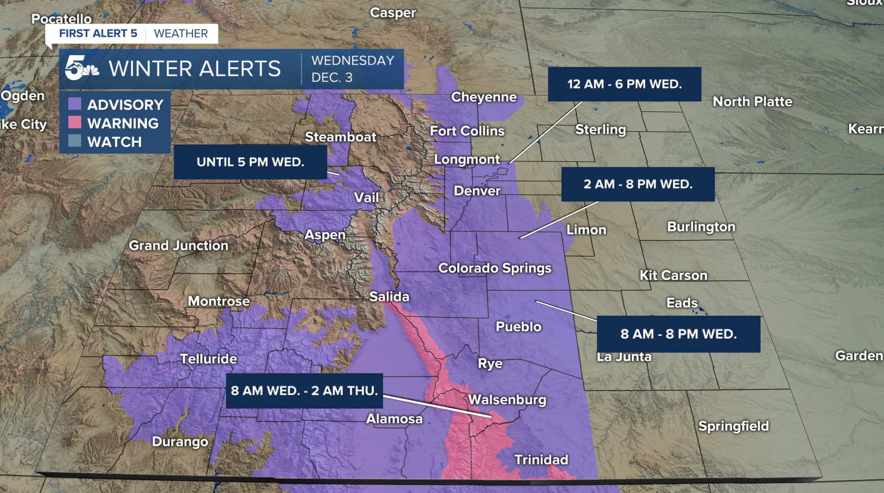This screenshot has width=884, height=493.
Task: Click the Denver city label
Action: click(477, 191)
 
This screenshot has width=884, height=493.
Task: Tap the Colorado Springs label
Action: click(495, 268)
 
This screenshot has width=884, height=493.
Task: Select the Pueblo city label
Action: click(518, 327)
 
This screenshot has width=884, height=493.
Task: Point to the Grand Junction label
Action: click(178, 245)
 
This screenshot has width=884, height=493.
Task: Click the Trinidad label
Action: click(541, 460)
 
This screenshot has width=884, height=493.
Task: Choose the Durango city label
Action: click(180, 441)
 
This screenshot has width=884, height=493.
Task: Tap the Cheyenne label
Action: click(483, 97)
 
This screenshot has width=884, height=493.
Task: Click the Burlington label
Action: click(701, 227)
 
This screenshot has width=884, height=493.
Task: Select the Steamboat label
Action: click(340, 137)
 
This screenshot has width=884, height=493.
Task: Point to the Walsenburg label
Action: click(507, 400)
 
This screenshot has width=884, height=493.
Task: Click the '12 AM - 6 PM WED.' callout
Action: click(624, 84)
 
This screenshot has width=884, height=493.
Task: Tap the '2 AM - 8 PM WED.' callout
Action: click(637, 184)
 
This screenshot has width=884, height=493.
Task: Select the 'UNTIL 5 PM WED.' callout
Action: click(250, 162)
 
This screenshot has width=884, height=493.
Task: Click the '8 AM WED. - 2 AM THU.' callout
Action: click(304, 391)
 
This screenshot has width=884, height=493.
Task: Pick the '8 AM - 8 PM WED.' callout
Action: click(678, 334)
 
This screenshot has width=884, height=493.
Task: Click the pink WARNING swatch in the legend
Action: click(75, 122)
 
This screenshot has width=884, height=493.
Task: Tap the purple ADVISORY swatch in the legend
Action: click(75, 104)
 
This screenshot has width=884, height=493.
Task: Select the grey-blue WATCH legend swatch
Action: click(75, 141)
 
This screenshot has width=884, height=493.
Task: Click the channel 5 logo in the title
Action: click(82, 68)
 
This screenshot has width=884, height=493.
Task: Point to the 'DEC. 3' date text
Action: click(332, 78)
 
